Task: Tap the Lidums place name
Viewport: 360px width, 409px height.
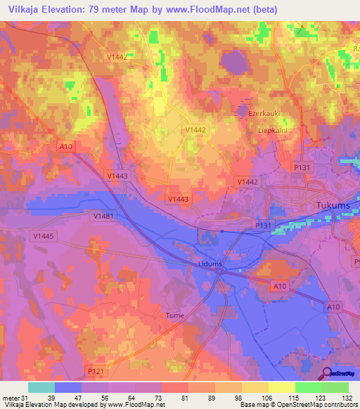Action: pos(207,264)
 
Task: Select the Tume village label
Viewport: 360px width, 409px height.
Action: pos(174,316)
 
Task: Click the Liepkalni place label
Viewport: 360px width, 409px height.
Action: pos(274,130)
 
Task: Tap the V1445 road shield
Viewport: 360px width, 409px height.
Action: pos(43,237)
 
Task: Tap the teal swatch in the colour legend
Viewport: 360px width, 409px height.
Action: pos(41,387)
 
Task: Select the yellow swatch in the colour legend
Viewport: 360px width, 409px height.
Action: pos(282,387)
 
